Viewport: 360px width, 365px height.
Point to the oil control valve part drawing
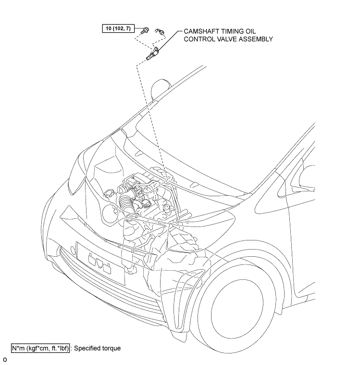(x=152, y=54)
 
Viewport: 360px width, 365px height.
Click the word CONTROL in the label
(x=199, y=39)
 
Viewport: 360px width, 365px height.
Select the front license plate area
(x=101, y=264)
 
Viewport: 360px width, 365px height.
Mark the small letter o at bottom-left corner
(x=5, y=359)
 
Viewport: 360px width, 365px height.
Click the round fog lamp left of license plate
(x=73, y=250)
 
